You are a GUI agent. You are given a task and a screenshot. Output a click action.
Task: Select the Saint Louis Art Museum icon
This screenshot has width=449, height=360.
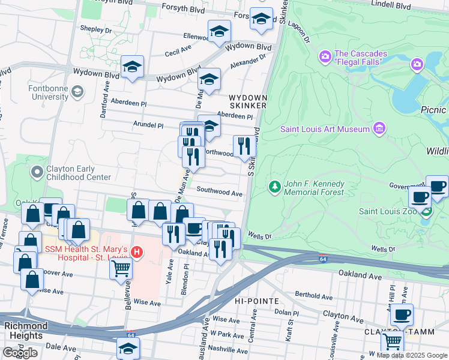tap(379, 129)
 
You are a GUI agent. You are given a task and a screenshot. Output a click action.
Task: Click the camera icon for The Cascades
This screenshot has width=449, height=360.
tap(325, 57)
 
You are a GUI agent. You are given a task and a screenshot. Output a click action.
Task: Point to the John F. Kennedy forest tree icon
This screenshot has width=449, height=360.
tap(275, 188)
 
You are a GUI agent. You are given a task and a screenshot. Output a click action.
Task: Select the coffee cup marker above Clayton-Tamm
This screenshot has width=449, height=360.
tap(402, 314)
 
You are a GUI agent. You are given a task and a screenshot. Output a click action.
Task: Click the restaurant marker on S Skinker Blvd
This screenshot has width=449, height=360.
tap(244, 146)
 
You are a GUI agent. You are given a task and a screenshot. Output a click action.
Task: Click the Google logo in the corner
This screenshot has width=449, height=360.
tap(20, 353)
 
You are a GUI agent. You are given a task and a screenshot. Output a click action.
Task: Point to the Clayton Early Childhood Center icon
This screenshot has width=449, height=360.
tap(37, 172)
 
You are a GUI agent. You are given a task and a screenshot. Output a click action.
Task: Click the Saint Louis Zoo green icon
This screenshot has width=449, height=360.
tap(426, 211)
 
